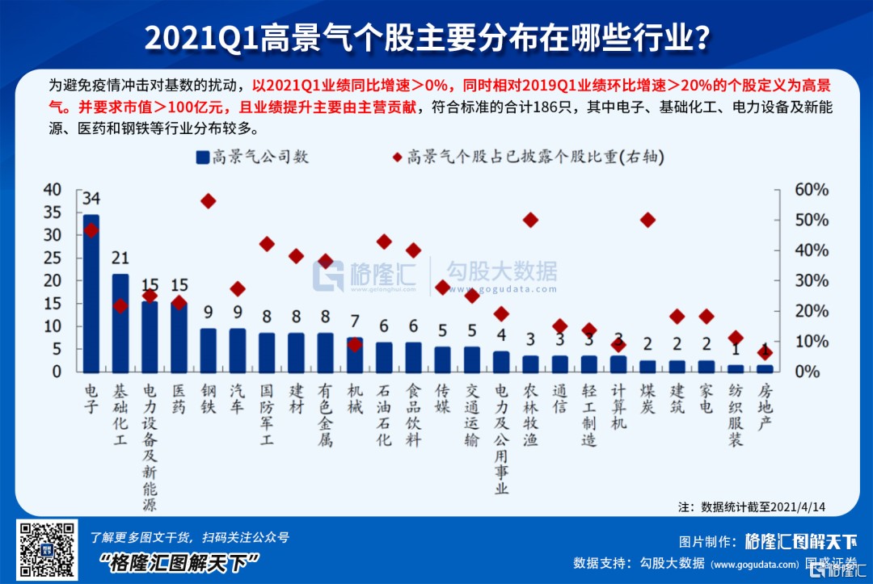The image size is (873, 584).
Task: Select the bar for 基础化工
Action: coord(120,323)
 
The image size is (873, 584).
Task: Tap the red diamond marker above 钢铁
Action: coord(209,201)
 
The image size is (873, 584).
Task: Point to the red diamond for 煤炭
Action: coord(647,220)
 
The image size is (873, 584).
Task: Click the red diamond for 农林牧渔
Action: coord(531,220)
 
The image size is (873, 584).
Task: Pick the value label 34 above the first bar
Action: coord(91,199)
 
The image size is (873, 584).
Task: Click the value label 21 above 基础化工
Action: coord(120,258)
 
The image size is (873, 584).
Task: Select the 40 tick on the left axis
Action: coord(53,190)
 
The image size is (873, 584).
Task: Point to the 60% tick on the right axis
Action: coord(810,190)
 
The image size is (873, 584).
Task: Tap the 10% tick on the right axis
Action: coord(810,342)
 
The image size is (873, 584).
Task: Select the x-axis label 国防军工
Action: coord(267,417)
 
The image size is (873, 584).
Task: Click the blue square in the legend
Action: coord(202,158)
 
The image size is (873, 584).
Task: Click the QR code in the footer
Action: coord(48,549)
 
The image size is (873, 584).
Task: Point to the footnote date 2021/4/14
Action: coord(799,507)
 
